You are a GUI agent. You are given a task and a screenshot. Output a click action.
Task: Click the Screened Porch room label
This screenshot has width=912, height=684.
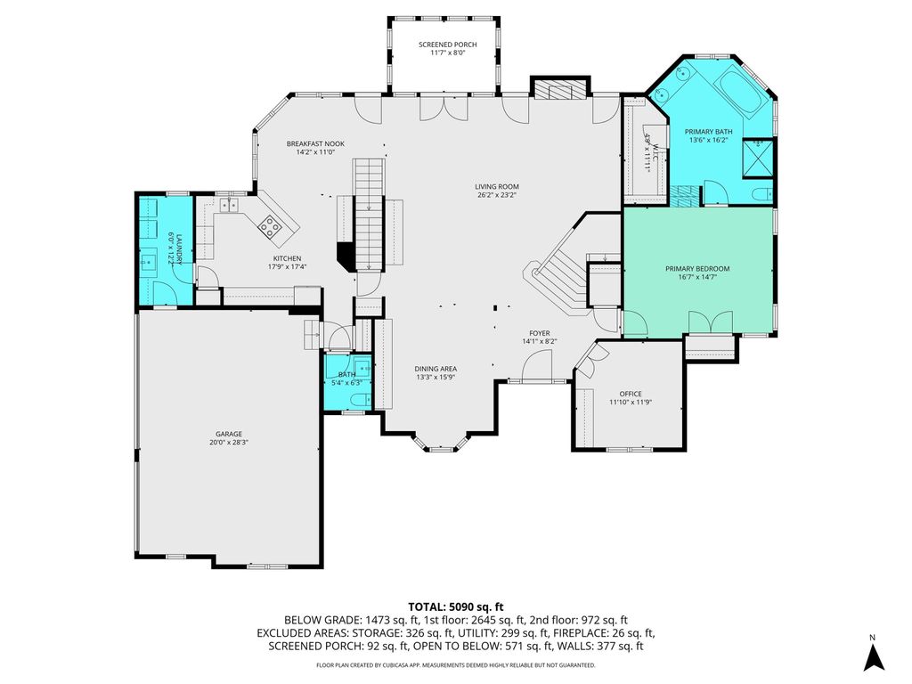click(448, 45)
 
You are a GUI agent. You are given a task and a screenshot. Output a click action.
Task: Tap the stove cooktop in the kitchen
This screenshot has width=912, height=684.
click(270, 225)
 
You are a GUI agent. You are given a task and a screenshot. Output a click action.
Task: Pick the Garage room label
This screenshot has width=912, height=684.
click(229, 434)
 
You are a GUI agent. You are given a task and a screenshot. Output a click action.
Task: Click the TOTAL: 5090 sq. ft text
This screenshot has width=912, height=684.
click(455, 607)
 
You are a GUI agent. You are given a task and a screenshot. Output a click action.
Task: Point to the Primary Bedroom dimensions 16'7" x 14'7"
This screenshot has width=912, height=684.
click(697, 277)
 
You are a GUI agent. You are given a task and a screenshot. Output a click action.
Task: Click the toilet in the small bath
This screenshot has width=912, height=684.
click(361, 400)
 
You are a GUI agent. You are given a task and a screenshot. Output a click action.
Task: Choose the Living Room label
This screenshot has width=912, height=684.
click(497, 187)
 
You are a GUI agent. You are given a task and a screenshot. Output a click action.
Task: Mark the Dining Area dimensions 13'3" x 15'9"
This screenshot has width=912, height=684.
click(436, 377)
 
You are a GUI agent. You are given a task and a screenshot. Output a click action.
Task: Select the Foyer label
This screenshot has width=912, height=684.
click(540, 333)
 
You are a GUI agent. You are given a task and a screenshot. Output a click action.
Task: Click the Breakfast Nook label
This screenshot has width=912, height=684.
click(315, 143)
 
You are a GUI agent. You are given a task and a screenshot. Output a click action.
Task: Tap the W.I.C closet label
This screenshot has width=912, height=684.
click(655, 151)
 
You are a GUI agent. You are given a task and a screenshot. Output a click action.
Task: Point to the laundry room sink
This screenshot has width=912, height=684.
click(148, 263)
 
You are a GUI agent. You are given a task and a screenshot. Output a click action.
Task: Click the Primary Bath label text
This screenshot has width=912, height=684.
click(708, 132)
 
